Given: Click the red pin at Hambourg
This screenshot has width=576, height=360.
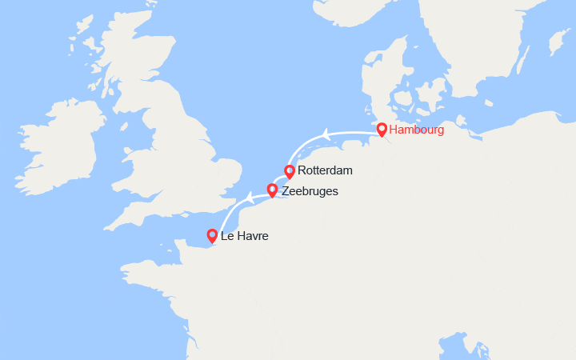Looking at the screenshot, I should point(382,130).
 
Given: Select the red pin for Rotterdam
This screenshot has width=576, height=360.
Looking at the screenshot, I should point(290,170).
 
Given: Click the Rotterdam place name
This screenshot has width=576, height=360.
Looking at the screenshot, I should point(325,170).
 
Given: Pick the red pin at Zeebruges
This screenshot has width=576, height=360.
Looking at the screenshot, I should point(272,190).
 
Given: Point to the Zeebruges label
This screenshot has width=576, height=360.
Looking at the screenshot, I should point(310,191).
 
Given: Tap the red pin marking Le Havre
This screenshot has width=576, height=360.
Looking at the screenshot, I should point(212,235).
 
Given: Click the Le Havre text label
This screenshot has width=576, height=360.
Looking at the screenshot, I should point(245,236).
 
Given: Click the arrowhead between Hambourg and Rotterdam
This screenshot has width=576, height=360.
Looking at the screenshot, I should point(324,134).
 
